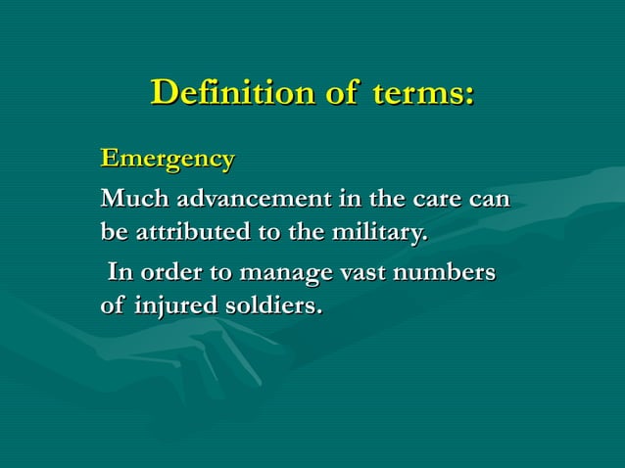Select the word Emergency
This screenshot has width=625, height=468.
(168, 158)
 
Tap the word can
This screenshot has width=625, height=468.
(491, 199)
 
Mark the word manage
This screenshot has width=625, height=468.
(282, 273)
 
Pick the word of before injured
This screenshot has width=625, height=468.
(113, 305)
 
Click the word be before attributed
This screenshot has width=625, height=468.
(114, 234)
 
